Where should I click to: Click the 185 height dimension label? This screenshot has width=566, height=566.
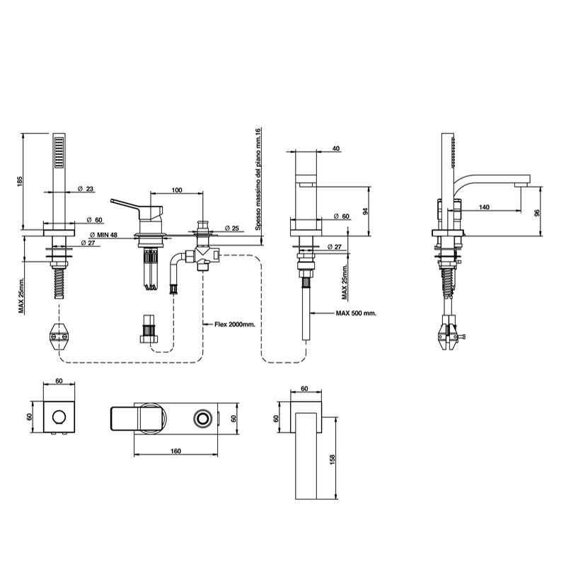click(x=20, y=181)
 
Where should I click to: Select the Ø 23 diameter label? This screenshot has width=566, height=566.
click(x=85, y=189)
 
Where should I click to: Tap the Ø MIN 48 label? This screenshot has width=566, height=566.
click(x=103, y=235)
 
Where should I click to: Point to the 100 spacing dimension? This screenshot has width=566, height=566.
click(x=177, y=190)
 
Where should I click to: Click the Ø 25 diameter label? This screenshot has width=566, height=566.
click(x=232, y=228)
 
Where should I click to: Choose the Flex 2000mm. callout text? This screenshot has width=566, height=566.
click(x=235, y=324)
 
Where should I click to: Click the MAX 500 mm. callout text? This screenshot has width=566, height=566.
click(x=356, y=313)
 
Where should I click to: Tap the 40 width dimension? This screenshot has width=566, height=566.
click(x=335, y=149)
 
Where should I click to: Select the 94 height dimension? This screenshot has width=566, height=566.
click(x=365, y=211)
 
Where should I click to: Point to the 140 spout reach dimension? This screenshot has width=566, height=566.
click(x=484, y=207)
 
